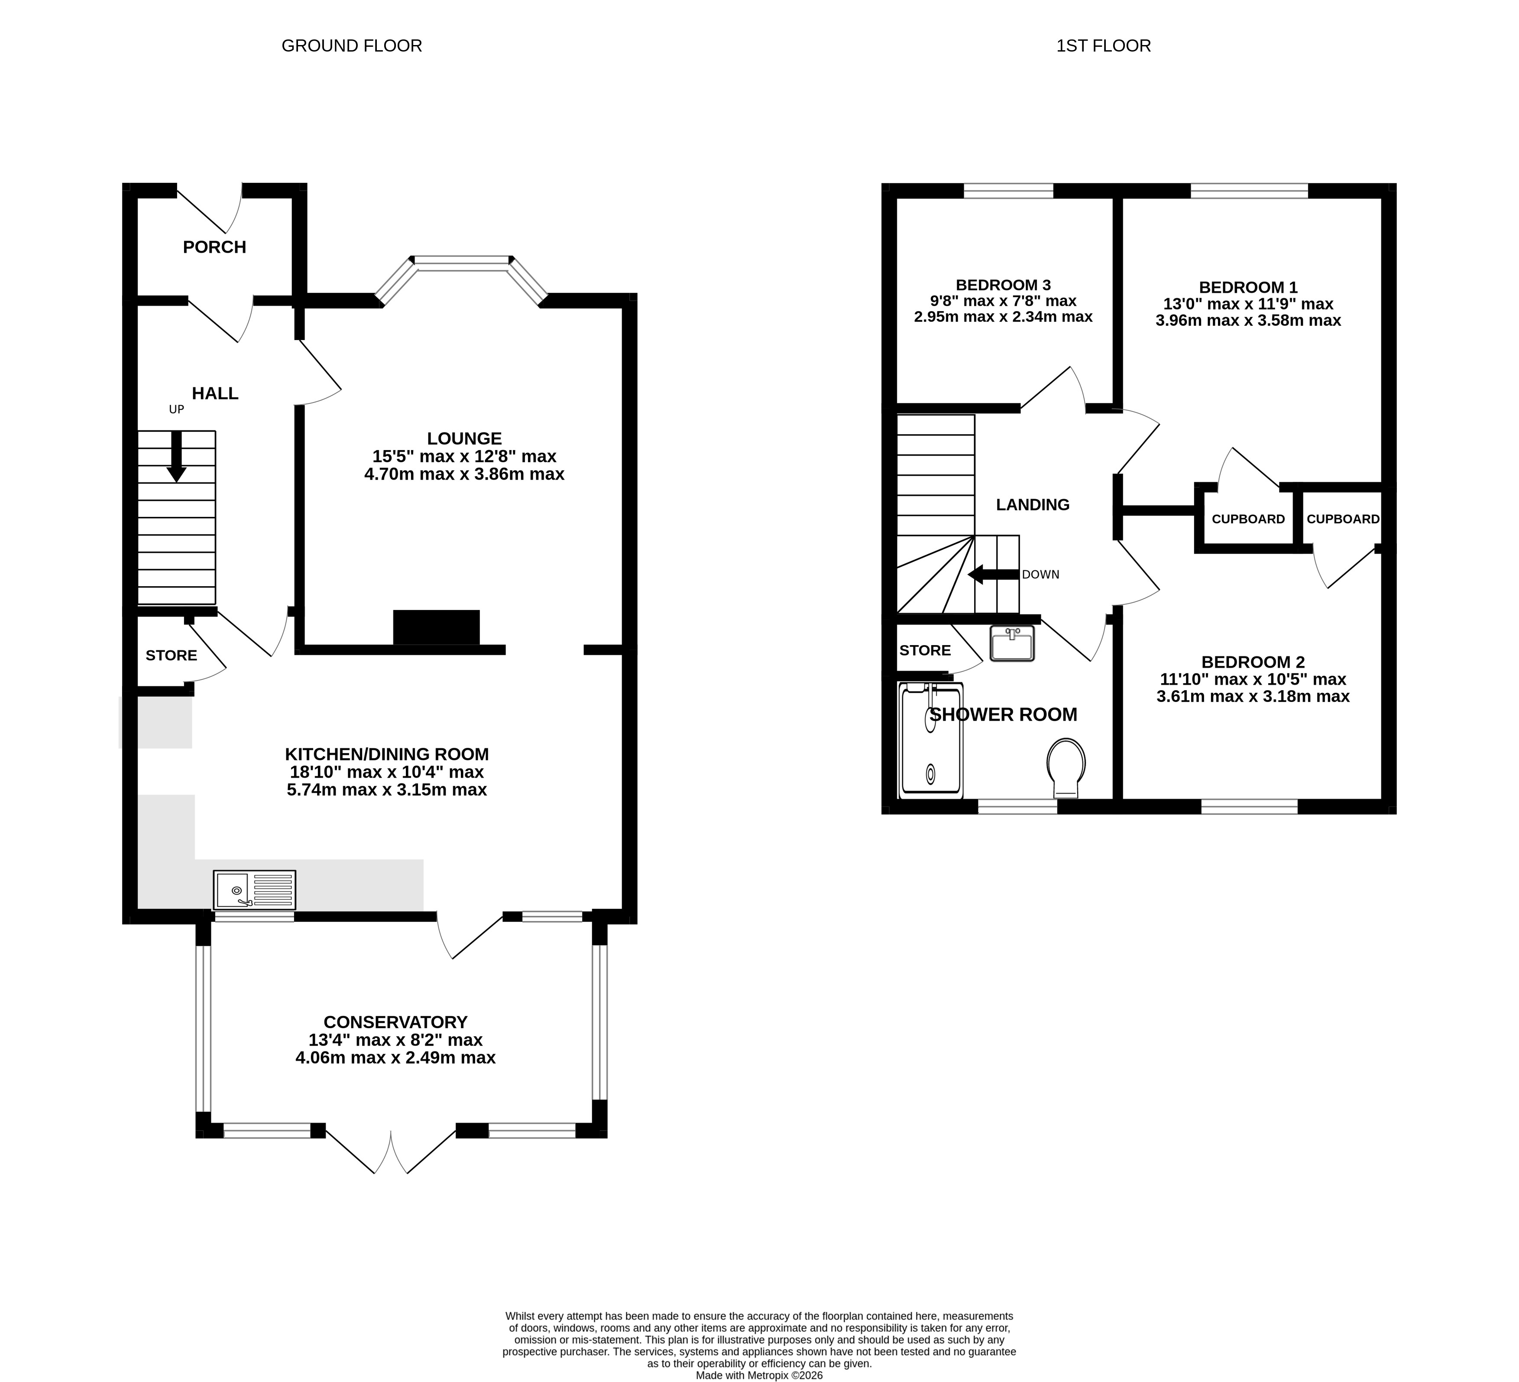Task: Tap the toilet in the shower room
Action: (x=1066, y=767)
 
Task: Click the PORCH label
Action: (x=215, y=247)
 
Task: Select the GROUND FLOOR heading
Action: (x=352, y=46)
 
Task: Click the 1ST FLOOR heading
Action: (x=1104, y=46)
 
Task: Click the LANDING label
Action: (x=1033, y=505)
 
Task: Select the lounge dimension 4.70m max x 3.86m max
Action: (x=464, y=474)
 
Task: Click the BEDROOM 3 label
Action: (x=1003, y=285)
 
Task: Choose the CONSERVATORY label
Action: (x=395, y=1022)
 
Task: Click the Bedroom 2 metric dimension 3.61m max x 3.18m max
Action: (x=1253, y=696)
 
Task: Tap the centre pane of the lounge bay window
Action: (x=462, y=261)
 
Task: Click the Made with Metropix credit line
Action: (x=760, y=1375)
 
